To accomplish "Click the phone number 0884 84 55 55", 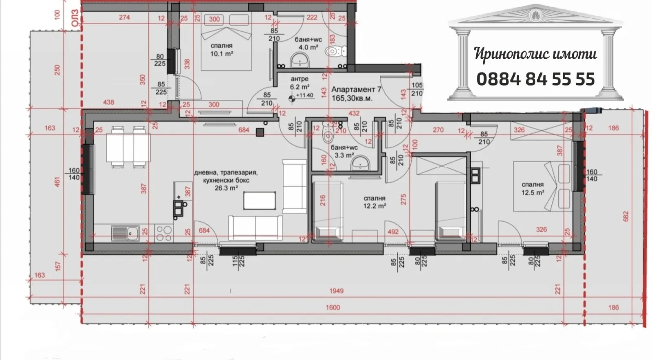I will pos(535,79).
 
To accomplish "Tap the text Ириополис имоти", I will pos(535,54).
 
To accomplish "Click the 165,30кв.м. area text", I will pos(352,98).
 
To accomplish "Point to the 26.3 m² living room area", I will pos(226,188).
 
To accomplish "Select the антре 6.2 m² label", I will pos(300,83).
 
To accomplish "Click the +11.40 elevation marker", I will pos(304,95).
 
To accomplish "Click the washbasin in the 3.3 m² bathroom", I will pos(360,164).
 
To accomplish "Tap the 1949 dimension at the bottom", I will pos(336,291).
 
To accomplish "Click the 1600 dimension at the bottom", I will pos(333,307).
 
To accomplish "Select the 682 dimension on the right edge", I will pos(626,216).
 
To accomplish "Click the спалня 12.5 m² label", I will pos(533,188).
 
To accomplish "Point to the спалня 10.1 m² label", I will pos(221,50).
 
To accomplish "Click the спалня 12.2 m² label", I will pos(374,202).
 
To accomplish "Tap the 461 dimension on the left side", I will pos(57,181).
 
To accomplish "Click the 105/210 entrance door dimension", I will pos(417,89).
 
